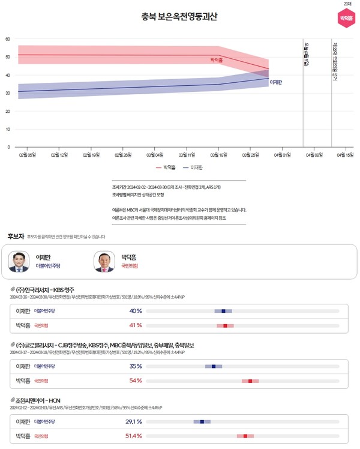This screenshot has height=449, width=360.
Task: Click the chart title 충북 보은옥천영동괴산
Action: [179, 17]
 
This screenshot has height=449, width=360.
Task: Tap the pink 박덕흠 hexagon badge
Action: [346, 17]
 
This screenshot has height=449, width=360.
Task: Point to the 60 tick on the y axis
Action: [8, 39]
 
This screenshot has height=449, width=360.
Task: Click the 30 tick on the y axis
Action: [8, 93]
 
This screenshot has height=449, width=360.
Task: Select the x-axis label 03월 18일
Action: [218, 155]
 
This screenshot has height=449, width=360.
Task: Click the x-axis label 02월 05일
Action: [27, 155]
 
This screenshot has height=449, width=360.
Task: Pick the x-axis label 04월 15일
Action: [345, 155]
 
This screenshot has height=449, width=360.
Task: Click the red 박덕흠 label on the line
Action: [216, 61]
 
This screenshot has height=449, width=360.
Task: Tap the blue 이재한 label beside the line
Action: [276, 82]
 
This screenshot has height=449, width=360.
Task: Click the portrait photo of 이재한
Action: [19, 261]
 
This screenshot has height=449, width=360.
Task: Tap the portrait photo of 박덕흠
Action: [104, 261]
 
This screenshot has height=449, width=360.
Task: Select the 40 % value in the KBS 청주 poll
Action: [136, 311]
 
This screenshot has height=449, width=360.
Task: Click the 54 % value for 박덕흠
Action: [136, 381]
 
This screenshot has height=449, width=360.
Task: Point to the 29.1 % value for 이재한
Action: [134, 421]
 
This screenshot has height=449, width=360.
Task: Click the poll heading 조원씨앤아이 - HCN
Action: [38, 400]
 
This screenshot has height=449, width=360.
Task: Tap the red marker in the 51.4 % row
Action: [245, 436]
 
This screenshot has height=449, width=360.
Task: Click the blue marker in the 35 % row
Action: [213, 366]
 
